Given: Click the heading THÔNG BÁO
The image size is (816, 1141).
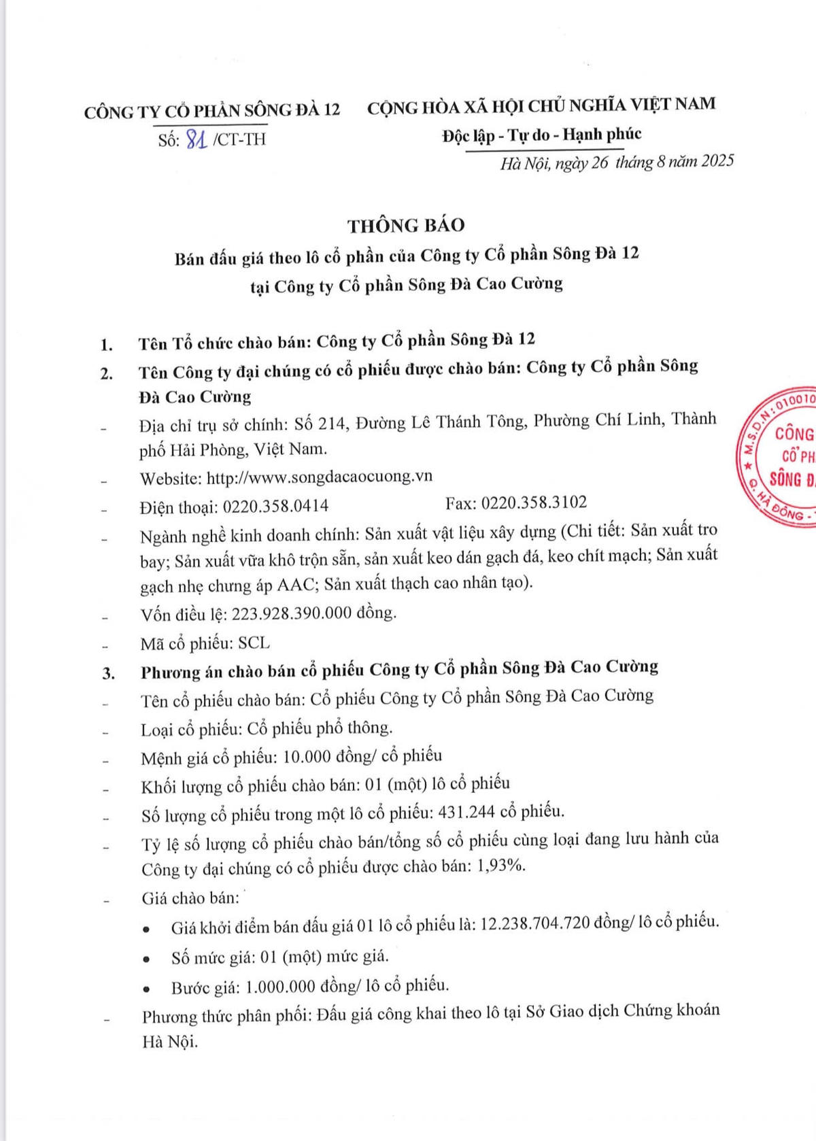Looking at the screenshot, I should point(406,225).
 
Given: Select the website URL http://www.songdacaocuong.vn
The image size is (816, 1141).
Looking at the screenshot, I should point(320,477).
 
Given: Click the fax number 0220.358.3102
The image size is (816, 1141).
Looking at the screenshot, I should point(534,503).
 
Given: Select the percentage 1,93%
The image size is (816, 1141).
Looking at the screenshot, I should point(502,866).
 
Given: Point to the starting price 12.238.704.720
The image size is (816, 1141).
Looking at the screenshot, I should point(534,923).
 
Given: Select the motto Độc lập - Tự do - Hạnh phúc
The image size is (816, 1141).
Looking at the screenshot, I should point(541,135).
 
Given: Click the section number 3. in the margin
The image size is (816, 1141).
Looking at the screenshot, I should point(107,673).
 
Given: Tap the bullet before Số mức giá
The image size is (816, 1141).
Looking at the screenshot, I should point(146,958).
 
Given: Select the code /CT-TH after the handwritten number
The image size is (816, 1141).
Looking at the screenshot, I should point(239,139).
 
